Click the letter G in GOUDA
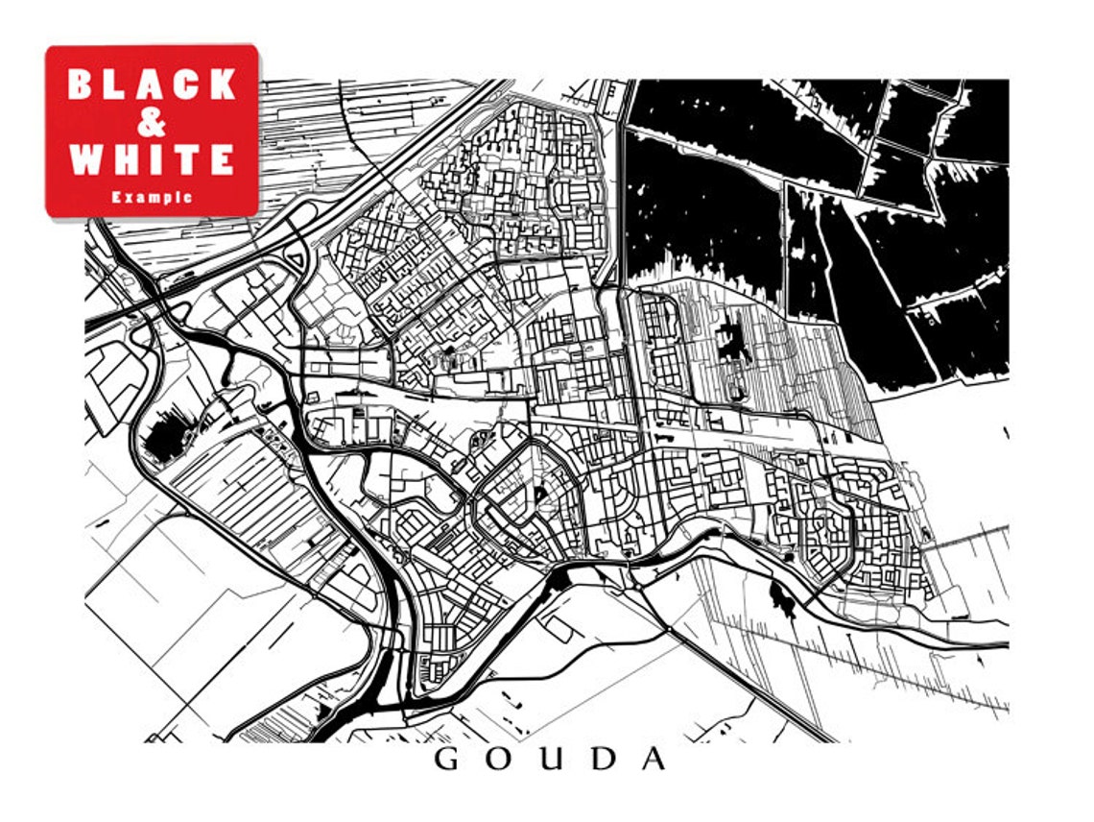tap(447, 759)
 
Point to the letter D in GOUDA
tap(602, 759)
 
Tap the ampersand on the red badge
tap(152, 122)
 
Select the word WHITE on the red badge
tap(152, 158)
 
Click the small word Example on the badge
tap(152, 197)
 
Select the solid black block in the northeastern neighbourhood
tap(734, 339)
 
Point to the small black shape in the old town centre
tap(539, 495)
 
